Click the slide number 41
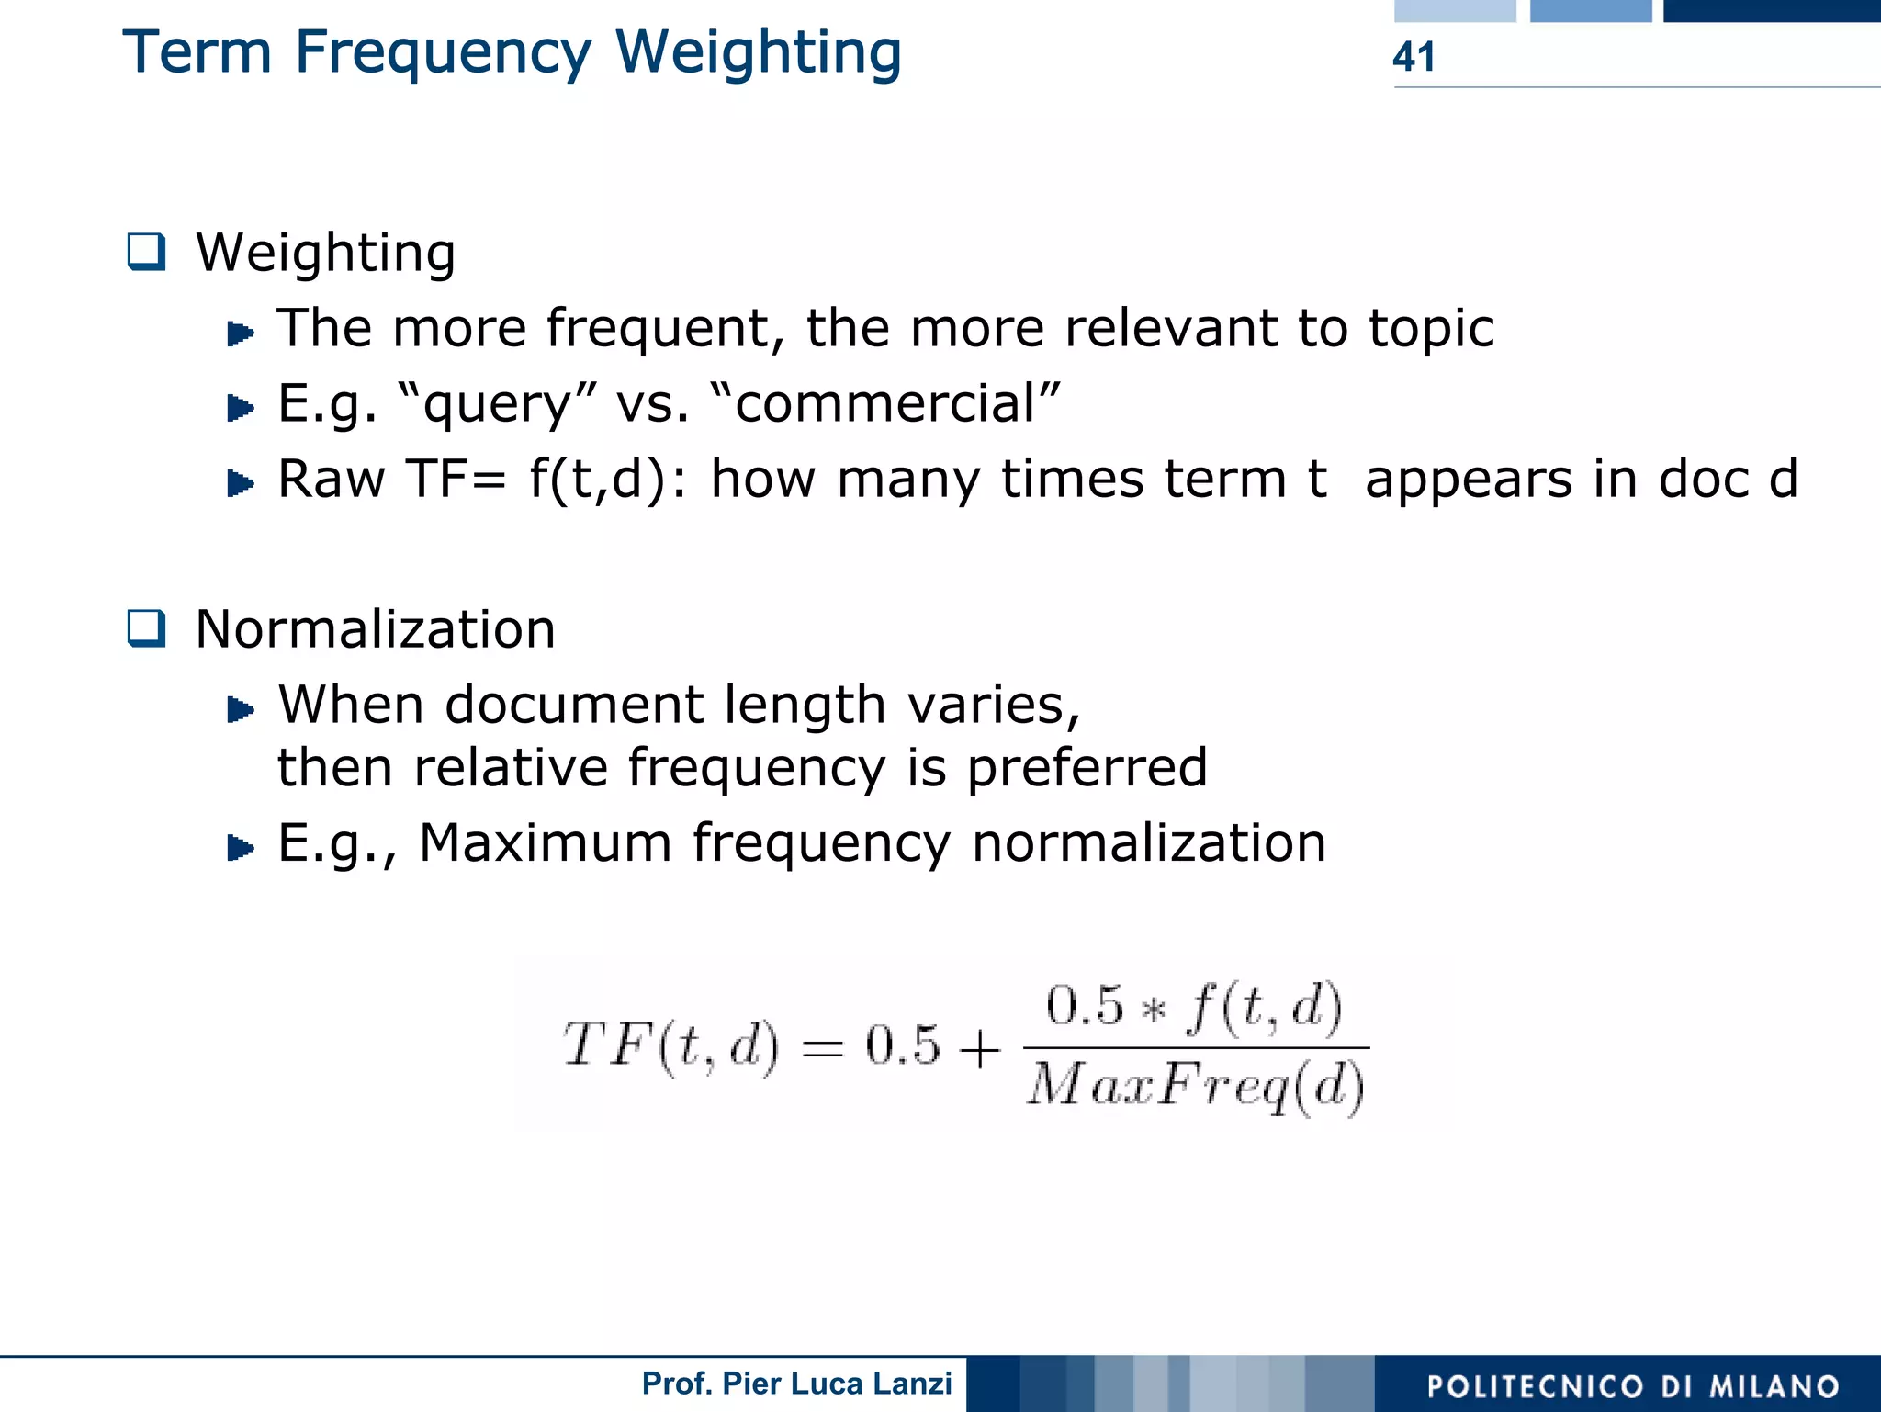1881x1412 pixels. point(1413,57)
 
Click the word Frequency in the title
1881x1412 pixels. point(444,53)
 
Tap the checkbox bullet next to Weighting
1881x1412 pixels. point(147,252)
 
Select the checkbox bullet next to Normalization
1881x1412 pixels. point(147,629)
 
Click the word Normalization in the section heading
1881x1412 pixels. point(376,630)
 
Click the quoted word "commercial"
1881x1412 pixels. point(885,404)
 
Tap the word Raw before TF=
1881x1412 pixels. point(332,480)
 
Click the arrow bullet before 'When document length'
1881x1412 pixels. point(240,709)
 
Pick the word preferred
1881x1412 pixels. point(1087,768)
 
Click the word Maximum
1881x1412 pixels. point(545,843)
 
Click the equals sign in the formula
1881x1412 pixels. point(822,1048)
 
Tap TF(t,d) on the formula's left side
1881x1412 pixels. point(670,1047)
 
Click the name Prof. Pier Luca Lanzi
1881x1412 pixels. point(796,1384)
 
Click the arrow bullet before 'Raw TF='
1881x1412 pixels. point(240,482)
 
